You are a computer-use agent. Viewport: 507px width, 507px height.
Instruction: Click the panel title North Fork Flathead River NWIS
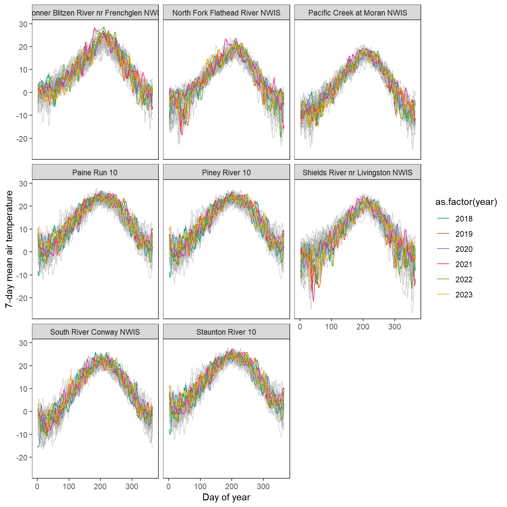click(x=226, y=13)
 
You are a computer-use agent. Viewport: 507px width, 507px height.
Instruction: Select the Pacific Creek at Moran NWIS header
click(x=357, y=13)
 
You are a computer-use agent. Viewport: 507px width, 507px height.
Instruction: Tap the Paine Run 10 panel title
click(x=95, y=173)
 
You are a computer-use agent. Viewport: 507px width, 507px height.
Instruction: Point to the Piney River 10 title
click(x=226, y=173)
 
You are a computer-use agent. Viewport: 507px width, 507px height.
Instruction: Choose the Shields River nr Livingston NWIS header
click(x=357, y=173)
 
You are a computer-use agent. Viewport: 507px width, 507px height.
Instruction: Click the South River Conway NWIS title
click(x=95, y=332)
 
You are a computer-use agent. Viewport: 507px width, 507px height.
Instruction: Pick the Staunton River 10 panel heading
click(x=226, y=332)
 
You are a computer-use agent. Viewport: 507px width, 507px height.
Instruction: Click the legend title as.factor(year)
click(x=466, y=202)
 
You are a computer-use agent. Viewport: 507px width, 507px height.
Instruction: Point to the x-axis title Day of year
click(x=226, y=497)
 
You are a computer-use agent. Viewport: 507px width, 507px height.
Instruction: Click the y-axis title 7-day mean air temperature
click(x=9, y=249)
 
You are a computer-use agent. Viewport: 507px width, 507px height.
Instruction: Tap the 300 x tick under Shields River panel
click(x=394, y=327)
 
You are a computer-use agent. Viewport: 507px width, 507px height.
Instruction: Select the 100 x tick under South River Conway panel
click(x=69, y=486)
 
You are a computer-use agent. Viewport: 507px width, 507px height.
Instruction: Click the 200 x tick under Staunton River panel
click(x=231, y=486)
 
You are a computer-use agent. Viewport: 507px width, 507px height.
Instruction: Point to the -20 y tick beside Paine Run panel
click(x=22, y=298)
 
